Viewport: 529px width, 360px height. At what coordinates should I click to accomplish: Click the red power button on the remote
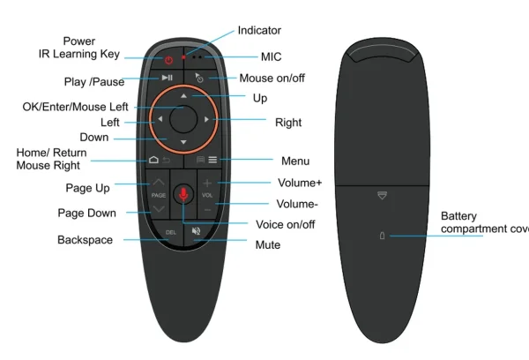coord(170,59)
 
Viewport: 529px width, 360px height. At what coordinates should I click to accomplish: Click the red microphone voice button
coord(183,193)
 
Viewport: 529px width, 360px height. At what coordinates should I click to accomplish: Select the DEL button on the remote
coord(171,232)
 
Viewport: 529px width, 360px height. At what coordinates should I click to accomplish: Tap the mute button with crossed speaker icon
coord(195,232)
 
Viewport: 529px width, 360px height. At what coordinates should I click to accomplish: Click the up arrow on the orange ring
coord(183,94)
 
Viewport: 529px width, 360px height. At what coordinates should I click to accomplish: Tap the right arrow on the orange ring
coord(206,118)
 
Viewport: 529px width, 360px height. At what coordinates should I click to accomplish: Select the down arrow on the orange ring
coord(183,142)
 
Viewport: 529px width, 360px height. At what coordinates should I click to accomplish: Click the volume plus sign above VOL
coord(207,182)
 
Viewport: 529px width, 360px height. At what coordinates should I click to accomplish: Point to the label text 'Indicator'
coord(259,31)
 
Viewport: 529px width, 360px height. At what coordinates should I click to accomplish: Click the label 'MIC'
coord(272,57)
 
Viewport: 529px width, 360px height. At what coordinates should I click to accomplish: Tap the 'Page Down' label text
coord(86,213)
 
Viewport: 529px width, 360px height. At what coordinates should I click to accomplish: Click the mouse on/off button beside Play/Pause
coord(199,79)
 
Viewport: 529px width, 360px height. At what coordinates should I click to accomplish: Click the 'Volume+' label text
coord(299,184)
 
